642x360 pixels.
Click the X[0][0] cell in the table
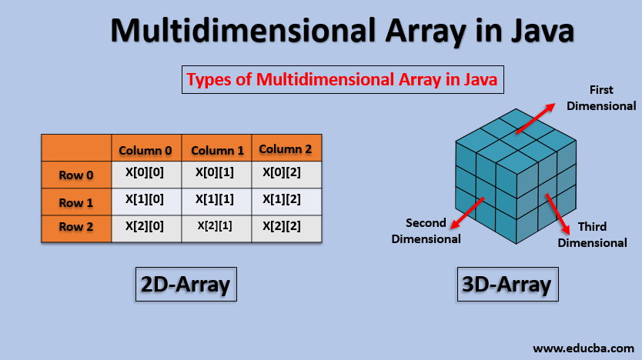point(146,172)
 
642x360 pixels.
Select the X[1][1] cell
point(216,199)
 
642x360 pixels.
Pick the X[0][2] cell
point(286,172)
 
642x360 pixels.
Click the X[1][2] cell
point(286,199)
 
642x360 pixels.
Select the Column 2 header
point(286,148)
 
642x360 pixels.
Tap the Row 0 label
point(76,175)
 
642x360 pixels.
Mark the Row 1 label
point(76,203)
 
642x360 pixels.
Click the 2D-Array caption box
point(185,285)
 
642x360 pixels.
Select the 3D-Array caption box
point(507,285)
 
